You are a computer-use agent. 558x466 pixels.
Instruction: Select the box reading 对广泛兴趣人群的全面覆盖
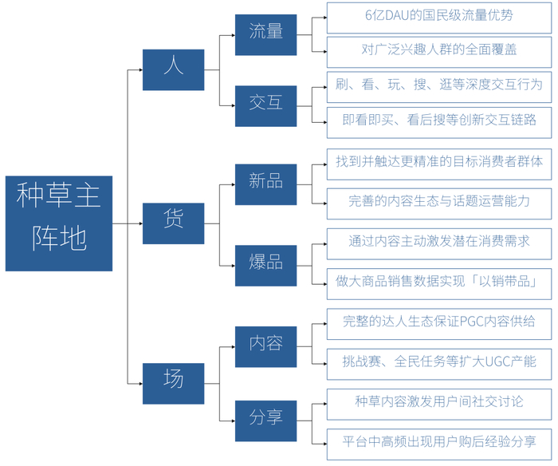[438, 50]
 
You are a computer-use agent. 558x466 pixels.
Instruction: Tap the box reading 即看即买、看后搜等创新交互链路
[438, 120]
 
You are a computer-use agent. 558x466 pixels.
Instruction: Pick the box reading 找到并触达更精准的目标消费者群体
[438, 163]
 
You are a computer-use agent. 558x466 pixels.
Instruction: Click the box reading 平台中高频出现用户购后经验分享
[438, 442]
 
